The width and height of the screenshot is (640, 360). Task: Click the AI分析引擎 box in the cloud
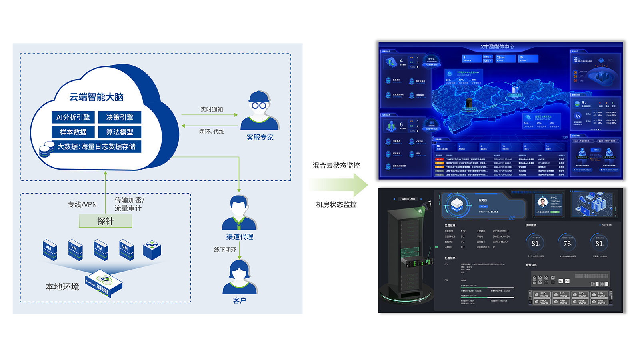(73, 117)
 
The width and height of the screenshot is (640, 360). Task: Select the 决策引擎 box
(119, 117)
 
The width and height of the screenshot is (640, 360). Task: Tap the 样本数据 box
(73, 132)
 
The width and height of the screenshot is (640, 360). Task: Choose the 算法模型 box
(119, 132)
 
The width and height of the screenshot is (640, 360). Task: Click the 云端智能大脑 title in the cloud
(96, 97)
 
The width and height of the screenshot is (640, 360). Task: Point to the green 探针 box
(106, 221)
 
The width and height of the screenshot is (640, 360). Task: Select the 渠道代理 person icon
(239, 212)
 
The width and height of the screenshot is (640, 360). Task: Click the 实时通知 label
(212, 110)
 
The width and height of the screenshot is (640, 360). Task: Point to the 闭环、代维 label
(212, 132)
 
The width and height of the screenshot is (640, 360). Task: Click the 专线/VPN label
(82, 204)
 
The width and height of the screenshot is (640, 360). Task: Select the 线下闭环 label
(225, 250)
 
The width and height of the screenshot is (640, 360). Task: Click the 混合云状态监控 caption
(336, 166)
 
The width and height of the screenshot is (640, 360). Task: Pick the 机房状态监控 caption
(336, 204)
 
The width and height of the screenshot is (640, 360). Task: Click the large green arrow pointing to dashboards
(340, 185)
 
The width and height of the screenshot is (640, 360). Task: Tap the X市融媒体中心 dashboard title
(497, 47)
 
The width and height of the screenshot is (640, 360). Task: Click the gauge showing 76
(567, 243)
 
